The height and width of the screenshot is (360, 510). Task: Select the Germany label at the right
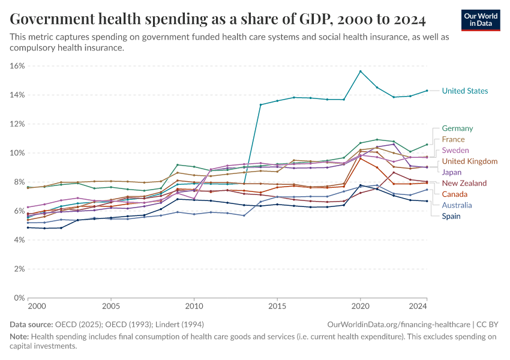click(457, 128)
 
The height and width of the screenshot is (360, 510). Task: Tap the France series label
click(454, 139)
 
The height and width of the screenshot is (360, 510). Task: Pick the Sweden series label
click(455, 150)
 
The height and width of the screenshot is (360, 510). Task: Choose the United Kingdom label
click(469, 161)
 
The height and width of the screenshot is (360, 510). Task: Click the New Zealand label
click(464, 183)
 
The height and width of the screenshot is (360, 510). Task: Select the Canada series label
click(455, 194)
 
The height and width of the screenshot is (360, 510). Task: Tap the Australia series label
click(457, 205)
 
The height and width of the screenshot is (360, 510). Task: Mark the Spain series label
click(451, 216)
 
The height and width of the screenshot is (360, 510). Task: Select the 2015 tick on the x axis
click(277, 307)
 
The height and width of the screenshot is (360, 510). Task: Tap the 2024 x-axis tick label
click(418, 307)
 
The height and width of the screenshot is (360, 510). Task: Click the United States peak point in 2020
click(361, 71)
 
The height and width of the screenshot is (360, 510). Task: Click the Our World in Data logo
click(482, 20)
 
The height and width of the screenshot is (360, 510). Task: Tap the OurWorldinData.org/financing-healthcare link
click(400, 324)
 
